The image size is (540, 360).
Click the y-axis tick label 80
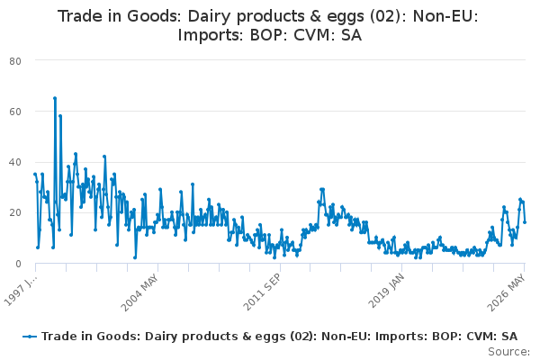click(x=15, y=61)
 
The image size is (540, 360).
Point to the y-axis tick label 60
click(x=15, y=112)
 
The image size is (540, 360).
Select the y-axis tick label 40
click(x=15, y=162)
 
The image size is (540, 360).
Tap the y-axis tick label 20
click(x=15, y=213)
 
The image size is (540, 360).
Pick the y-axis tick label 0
click(x=18, y=264)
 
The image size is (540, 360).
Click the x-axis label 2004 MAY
click(x=139, y=293)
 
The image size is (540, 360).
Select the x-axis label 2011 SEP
click(x=263, y=292)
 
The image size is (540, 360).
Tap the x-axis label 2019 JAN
click(x=386, y=292)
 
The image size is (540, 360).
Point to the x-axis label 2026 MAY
click(x=506, y=292)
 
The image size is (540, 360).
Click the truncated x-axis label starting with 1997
click(x=20, y=290)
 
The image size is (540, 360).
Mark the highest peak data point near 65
click(x=55, y=98)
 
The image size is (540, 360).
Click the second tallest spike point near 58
click(x=60, y=116)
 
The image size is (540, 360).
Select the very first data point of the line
click(x=35, y=175)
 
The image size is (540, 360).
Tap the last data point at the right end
click(x=525, y=222)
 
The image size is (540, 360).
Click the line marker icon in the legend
click(x=30, y=337)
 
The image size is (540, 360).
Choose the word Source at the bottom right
click(x=508, y=352)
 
